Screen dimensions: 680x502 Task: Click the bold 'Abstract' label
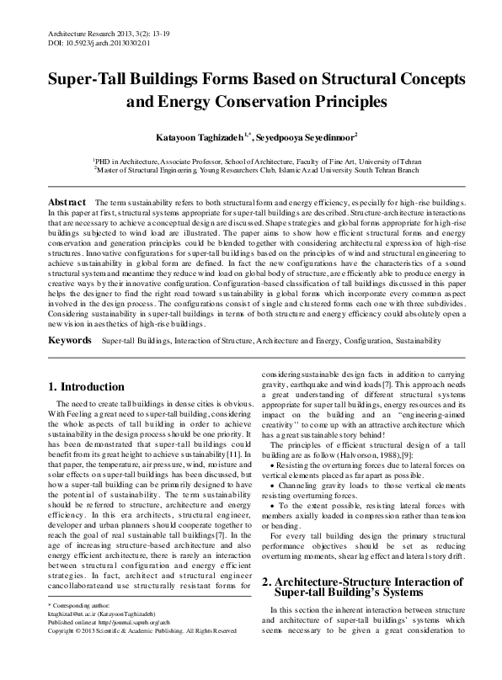67,204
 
